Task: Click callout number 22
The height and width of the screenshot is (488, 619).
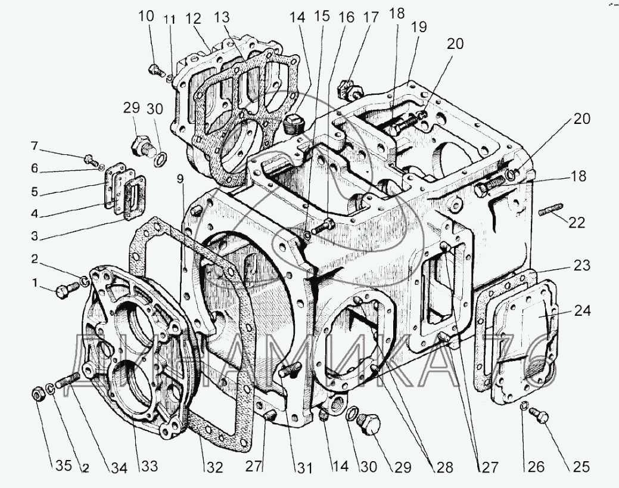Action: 576,223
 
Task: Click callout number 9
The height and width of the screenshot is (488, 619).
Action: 179,178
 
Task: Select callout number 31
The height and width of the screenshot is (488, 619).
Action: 304,468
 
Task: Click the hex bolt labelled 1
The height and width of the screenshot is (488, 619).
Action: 64,291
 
